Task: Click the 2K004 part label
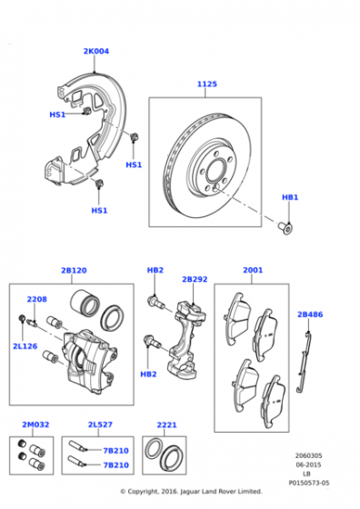(x=96, y=51)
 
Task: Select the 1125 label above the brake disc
(x=207, y=84)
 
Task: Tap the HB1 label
(x=290, y=197)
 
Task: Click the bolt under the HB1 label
(x=285, y=227)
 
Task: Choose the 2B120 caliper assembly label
(x=74, y=271)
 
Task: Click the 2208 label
(x=36, y=299)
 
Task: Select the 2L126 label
(x=25, y=346)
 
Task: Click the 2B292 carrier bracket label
(x=195, y=279)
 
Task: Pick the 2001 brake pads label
(x=253, y=270)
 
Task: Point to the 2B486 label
(x=310, y=314)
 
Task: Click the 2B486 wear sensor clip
(x=305, y=360)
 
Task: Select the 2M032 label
(x=35, y=424)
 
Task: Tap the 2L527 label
(x=100, y=424)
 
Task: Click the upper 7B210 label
(x=115, y=451)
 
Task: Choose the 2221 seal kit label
(x=166, y=425)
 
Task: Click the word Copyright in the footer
(x=142, y=492)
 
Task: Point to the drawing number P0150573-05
(x=309, y=483)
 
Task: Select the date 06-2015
(x=308, y=464)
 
